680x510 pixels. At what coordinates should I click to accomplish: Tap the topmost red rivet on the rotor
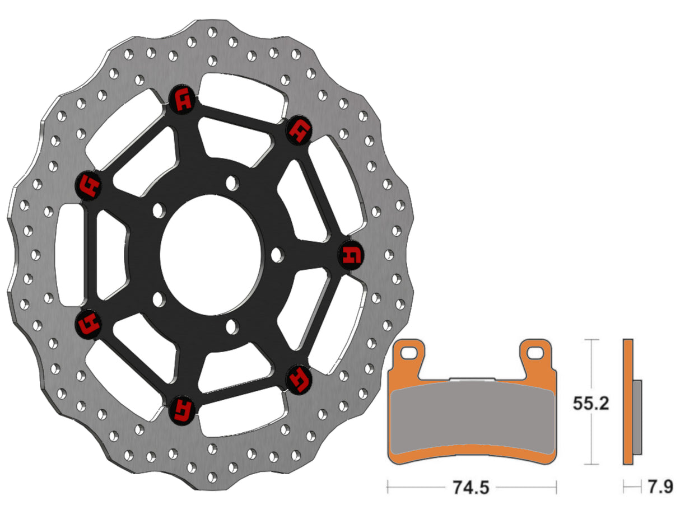click(x=182, y=100)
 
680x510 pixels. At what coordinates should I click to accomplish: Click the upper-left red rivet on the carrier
click(x=89, y=185)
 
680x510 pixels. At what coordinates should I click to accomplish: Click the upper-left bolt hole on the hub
click(x=159, y=210)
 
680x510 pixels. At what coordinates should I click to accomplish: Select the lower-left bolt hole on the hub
click(x=159, y=298)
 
